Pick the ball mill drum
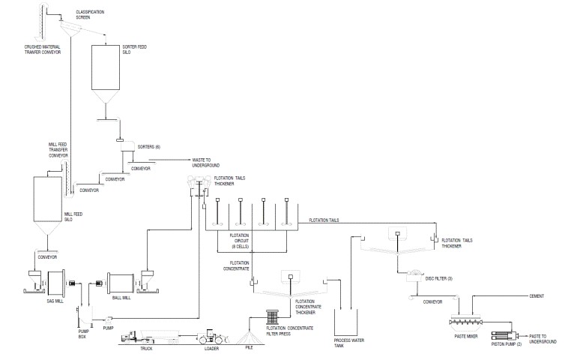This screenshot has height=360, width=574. [x=121, y=283]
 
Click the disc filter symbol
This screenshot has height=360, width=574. [x=416, y=275]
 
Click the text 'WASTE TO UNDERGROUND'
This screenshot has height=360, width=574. [x=203, y=162]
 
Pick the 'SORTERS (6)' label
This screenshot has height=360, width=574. [x=148, y=146]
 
